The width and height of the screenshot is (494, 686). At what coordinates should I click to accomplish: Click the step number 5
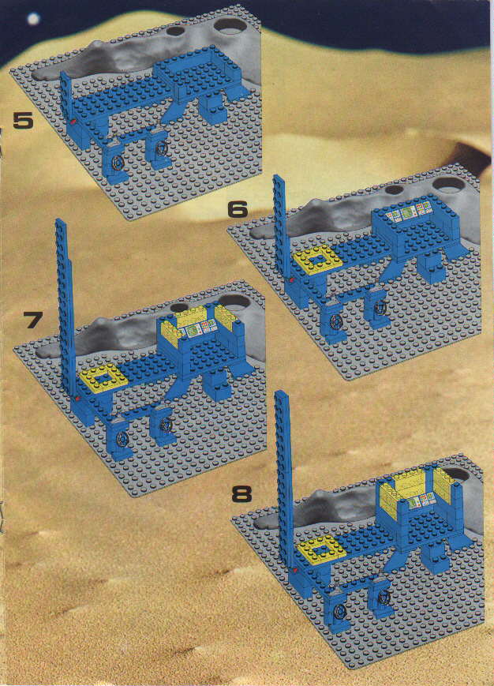(x=23, y=120)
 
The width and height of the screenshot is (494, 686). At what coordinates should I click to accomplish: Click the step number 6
(x=238, y=210)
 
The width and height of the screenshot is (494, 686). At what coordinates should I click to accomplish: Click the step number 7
(x=33, y=321)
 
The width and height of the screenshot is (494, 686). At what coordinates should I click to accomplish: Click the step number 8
(x=241, y=494)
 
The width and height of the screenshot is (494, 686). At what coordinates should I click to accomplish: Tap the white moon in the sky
(x=33, y=19)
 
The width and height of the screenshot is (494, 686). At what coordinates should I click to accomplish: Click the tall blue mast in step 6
(x=281, y=227)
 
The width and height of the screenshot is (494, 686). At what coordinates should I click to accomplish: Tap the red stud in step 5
(x=73, y=122)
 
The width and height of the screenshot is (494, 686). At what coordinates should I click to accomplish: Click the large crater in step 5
(x=230, y=25)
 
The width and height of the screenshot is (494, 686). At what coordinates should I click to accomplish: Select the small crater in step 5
(x=175, y=31)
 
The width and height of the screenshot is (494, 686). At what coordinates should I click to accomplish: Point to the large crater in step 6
(x=449, y=184)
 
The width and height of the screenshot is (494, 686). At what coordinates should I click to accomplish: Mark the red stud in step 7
(x=78, y=399)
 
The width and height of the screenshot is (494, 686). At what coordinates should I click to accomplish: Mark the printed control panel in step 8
(x=420, y=498)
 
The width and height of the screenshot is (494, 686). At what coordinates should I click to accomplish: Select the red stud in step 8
(x=296, y=570)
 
